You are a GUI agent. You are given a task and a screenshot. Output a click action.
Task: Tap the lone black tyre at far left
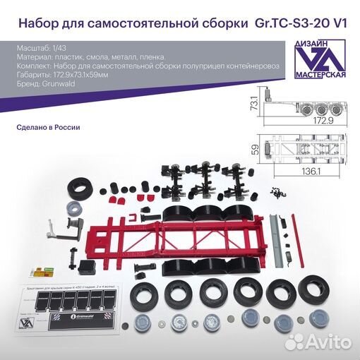tap(78, 189)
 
